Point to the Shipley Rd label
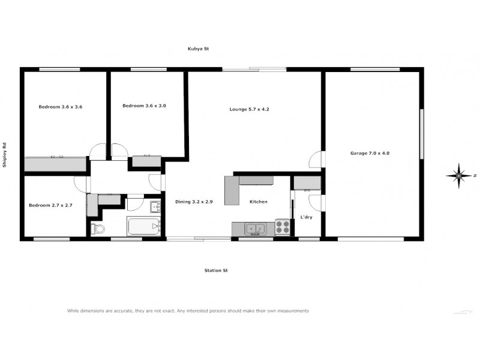click(5, 154)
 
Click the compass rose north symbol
click(459, 175)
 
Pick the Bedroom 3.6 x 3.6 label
click(60, 107)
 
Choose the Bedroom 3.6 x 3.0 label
click(144, 106)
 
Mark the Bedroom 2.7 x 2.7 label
click(50, 205)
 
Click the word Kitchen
click(259, 202)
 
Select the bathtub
click(144, 227)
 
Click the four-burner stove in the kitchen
click(282, 227)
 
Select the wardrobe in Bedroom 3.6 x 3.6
click(55, 163)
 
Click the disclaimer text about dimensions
click(187, 311)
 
